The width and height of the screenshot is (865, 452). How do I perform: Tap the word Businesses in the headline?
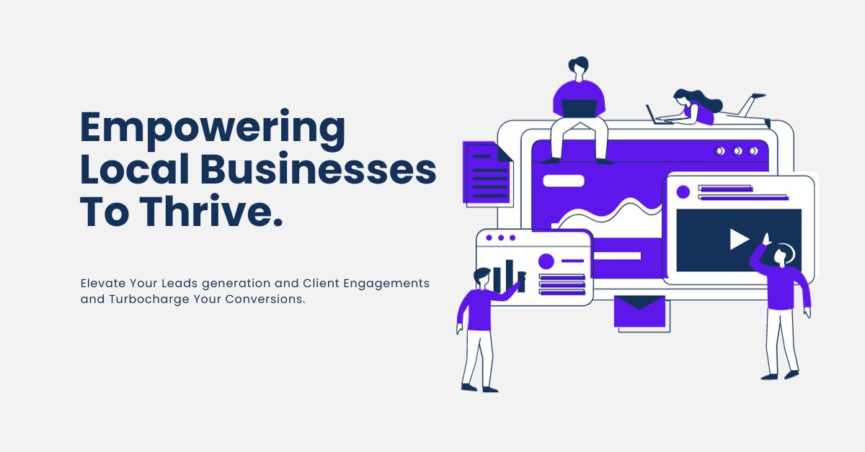pyautogui.click(x=318, y=168)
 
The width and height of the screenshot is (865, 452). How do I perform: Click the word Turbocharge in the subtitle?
pyautogui.click(x=149, y=299)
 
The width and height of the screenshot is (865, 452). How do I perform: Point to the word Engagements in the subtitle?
pyautogui.click(x=386, y=284)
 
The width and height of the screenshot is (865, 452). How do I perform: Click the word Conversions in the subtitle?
pyautogui.click(x=265, y=299)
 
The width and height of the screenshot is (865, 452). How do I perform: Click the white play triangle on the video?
pyautogui.click(x=739, y=240)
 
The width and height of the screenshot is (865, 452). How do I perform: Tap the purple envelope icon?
pyautogui.click(x=639, y=311)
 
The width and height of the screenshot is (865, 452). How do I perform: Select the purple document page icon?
pyautogui.click(x=487, y=173)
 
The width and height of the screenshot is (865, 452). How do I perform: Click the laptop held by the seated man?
pyautogui.click(x=579, y=109)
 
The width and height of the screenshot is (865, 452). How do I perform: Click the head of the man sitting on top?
pyautogui.click(x=578, y=66)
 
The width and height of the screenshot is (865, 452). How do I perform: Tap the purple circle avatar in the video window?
pyautogui.click(x=683, y=191)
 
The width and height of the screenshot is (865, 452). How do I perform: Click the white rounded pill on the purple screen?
pyautogui.click(x=564, y=181)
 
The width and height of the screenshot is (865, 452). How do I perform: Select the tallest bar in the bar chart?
pyautogui.click(x=510, y=275)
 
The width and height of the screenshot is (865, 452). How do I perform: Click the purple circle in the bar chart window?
pyautogui.click(x=546, y=261)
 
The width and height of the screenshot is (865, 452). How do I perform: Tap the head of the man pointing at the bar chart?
pyautogui.click(x=482, y=276)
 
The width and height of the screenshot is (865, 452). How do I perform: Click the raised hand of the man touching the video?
pyautogui.click(x=766, y=238)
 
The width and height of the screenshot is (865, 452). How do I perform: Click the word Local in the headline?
pyautogui.click(x=134, y=168)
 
